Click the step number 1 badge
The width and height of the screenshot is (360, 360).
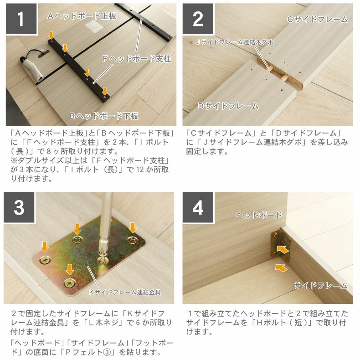pyautogui.click(x=21, y=19)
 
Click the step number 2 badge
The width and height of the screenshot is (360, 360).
pyautogui.click(x=198, y=19)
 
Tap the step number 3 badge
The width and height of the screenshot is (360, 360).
pyautogui.click(x=19, y=207)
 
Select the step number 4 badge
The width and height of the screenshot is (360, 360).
pyautogui.click(x=198, y=207)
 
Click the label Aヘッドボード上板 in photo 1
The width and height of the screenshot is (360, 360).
pyautogui.click(x=82, y=16)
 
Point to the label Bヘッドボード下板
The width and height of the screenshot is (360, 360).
pyautogui.click(x=104, y=116)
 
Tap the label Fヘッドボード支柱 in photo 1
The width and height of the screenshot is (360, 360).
pyautogui.click(x=137, y=59)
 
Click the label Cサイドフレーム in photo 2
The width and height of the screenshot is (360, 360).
pyautogui.click(x=318, y=20)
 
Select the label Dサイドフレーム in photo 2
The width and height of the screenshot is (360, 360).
pyautogui.click(x=228, y=106)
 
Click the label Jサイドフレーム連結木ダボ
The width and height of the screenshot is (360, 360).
pyautogui.click(x=235, y=42)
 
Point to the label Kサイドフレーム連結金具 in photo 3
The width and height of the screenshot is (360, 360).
pyautogui.click(x=125, y=292)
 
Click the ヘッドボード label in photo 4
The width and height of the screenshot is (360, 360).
pyautogui.click(x=259, y=215)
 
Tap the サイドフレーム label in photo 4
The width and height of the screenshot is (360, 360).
pyautogui.click(x=320, y=286)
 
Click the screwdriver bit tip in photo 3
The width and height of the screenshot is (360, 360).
pyautogui.click(x=103, y=255)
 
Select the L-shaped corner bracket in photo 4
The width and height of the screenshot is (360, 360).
pyautogui.click(x=280, y=246)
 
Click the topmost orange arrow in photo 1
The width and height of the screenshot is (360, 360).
pyautogui.click(x=51, y=36)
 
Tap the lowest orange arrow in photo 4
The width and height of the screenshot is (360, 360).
pyautogui.click(x=281, y=267)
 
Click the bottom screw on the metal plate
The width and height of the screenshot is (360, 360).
pyautogui.click(x=70, y=284)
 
